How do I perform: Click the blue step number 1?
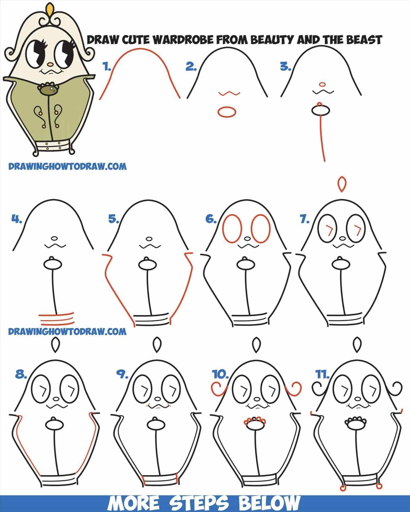tap(107, 67)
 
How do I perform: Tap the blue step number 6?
tap(211, 219)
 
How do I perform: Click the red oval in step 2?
tap(226, 112)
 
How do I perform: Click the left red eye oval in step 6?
tap(233, 229)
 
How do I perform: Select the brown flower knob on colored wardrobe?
tap(49, 89)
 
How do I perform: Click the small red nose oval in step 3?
tap(322, 84)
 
